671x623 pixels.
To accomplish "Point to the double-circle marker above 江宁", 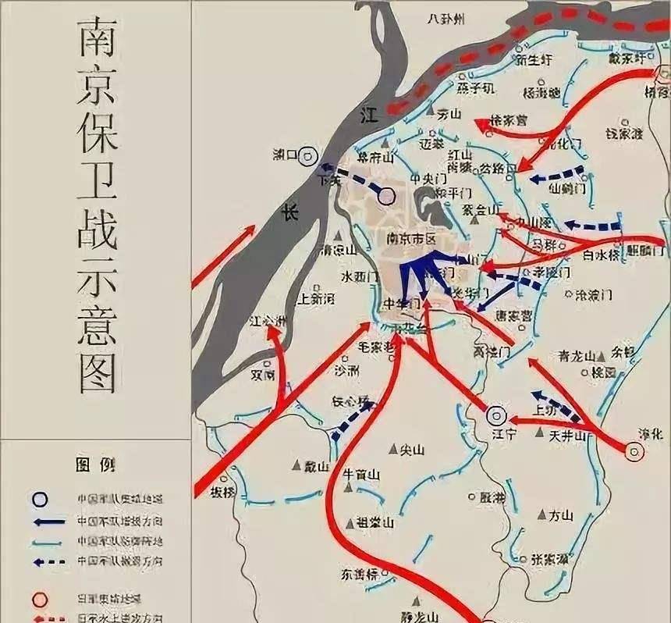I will coord(498,415).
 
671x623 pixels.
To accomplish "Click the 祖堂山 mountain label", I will coord(375,522).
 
